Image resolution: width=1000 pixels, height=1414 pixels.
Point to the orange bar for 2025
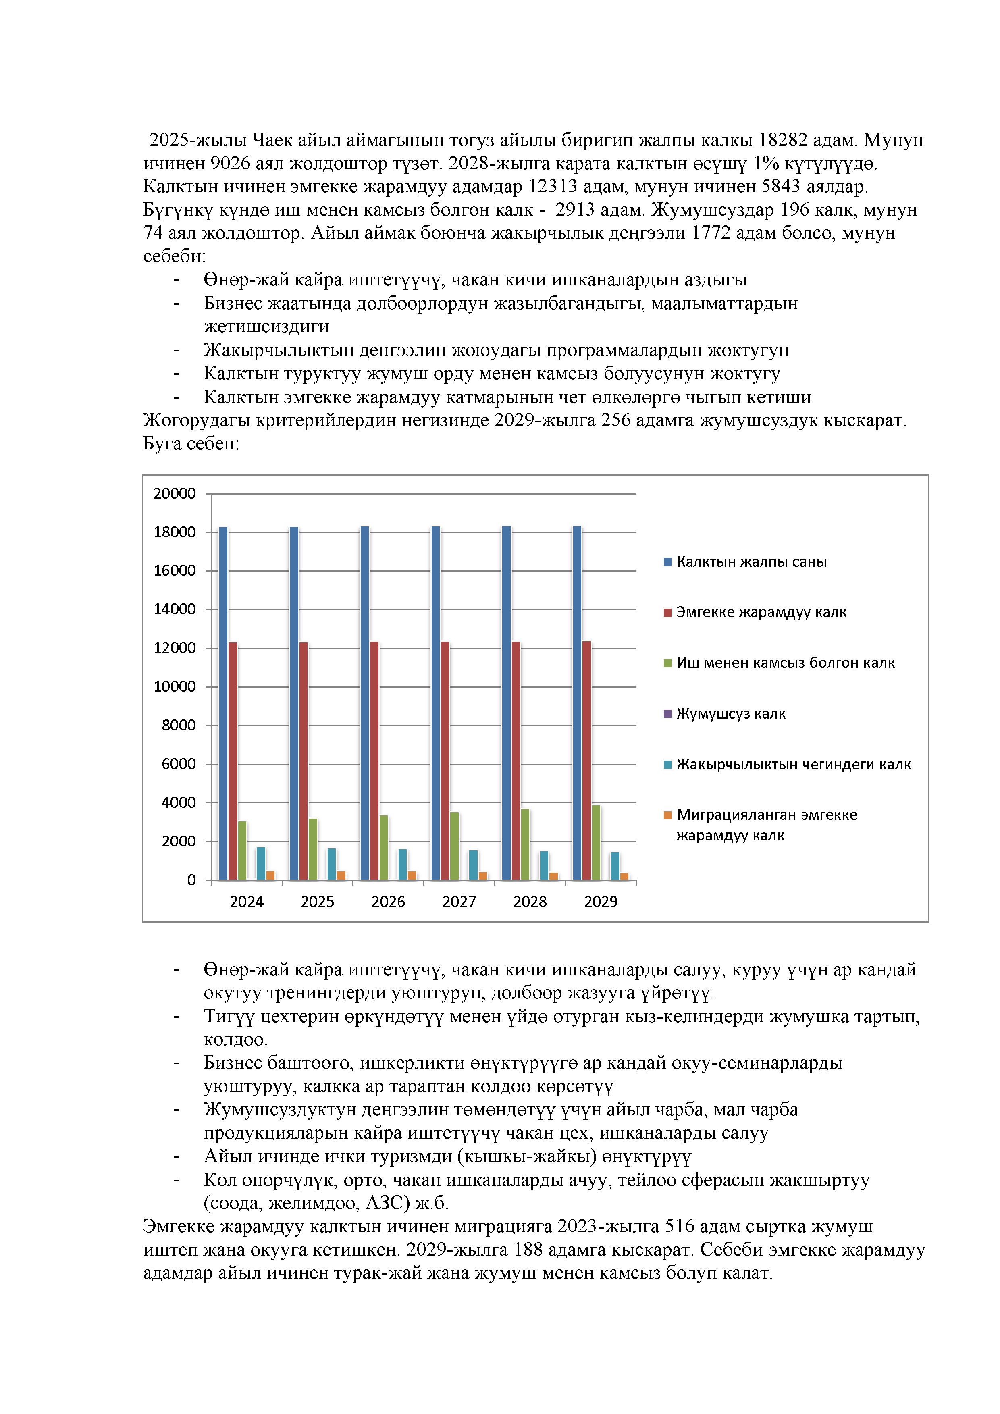click(341, 875)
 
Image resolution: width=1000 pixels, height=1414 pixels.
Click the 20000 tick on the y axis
click(175, 494)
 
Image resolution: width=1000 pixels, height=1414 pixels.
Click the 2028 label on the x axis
click(530, 902)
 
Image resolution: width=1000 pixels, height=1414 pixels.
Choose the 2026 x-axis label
click(388, 902)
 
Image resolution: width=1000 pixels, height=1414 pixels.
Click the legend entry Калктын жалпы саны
click(751, 561)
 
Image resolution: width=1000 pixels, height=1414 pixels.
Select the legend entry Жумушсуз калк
click(731, 714)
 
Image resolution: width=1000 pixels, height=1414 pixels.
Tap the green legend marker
click(667, 663)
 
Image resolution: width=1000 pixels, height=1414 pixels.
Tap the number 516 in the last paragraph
click(680, 1226)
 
